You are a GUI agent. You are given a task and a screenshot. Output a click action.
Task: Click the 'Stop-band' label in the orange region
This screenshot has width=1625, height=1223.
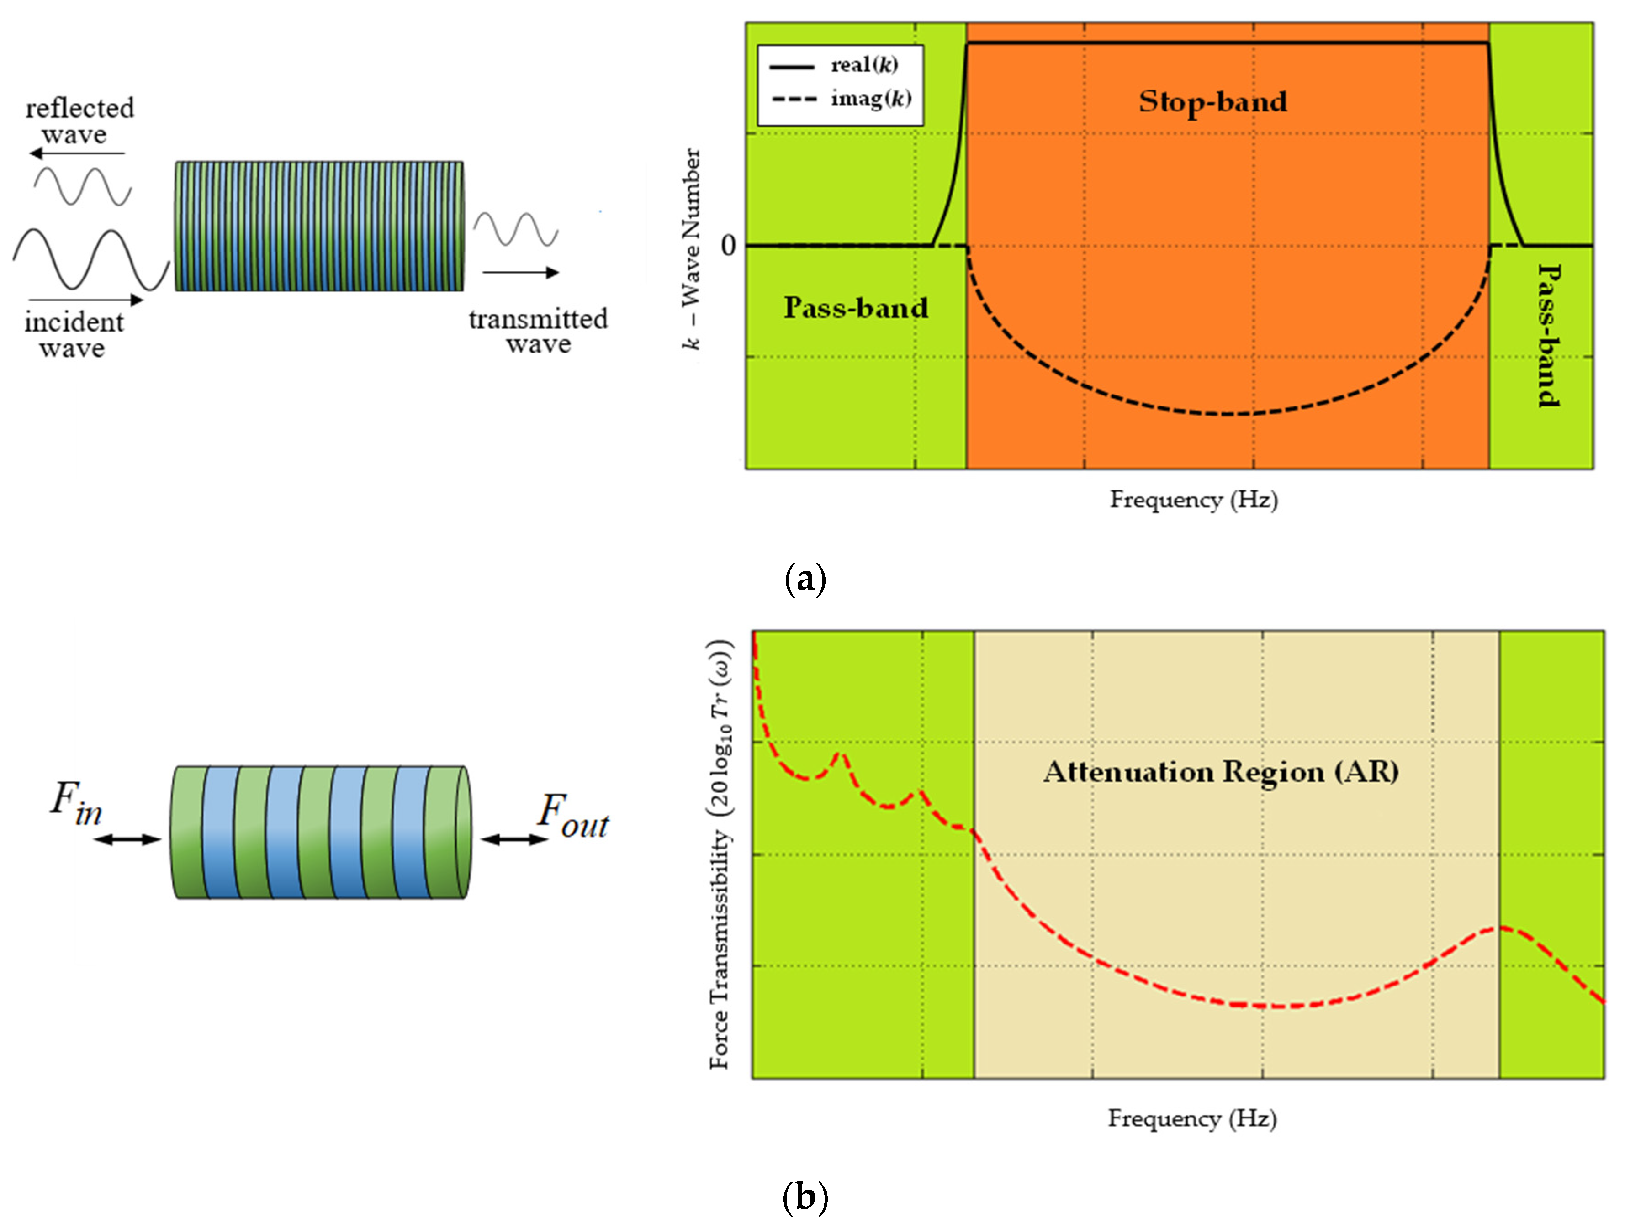pos(1213,101)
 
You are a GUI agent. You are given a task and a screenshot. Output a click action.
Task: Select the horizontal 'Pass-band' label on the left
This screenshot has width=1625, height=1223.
pos(856,307)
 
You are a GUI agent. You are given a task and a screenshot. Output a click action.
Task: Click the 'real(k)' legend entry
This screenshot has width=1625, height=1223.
pos(864,65)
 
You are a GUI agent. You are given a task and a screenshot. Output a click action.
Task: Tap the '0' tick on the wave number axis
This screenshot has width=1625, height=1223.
pos(728,245)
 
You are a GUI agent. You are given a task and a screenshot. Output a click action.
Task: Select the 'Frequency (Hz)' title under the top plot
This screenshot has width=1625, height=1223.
pos(1194,500)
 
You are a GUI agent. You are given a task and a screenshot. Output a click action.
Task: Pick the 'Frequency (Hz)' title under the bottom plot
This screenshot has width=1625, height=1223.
pos(1192,1118)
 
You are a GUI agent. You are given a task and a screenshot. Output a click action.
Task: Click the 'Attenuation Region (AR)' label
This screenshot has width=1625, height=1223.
pos(1221,771)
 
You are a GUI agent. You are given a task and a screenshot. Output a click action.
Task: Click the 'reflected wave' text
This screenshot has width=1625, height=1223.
pos(79,121)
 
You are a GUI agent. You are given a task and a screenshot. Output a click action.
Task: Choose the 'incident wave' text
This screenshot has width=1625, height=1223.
pos(74,334)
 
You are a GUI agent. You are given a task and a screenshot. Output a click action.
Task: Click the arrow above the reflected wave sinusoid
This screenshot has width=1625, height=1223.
pos(77,153)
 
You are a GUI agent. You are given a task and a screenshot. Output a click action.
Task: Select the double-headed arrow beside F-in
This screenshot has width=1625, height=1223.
pos(127,839)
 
